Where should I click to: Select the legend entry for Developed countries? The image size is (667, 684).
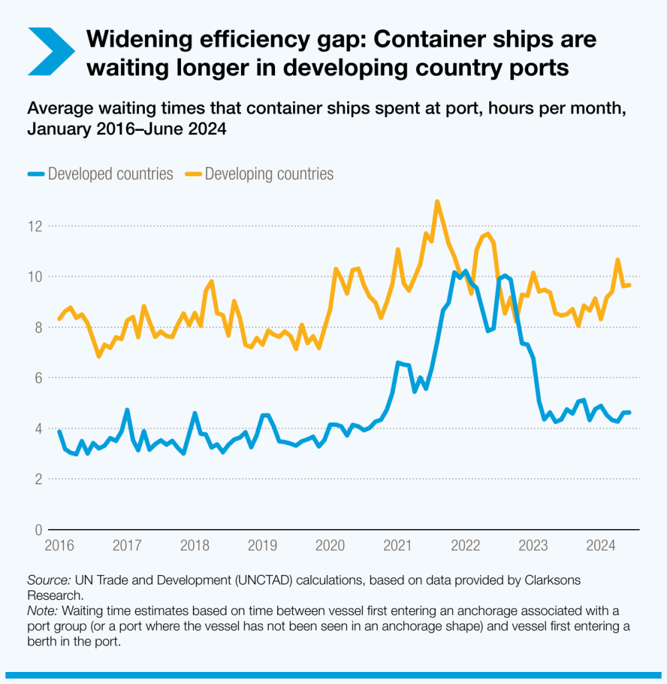[100, 174]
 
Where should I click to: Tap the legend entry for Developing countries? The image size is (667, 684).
[260, 174]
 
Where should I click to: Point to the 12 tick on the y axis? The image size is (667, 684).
[33, 226]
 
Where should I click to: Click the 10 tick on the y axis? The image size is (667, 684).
[33, 277]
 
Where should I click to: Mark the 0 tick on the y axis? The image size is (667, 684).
[37, 530]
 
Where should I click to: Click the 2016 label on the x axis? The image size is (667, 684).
[59, 546]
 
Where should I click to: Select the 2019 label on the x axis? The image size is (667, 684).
[262, 546]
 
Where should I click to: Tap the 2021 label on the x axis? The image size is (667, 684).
[397, 546]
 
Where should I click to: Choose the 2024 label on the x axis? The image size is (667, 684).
[600, 546]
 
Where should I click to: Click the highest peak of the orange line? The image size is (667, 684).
[437, 201]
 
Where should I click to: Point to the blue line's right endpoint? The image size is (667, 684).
[629, 412]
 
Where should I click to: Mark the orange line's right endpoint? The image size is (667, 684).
[629, 285]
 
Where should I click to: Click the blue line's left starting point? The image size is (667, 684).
[59, 432]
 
